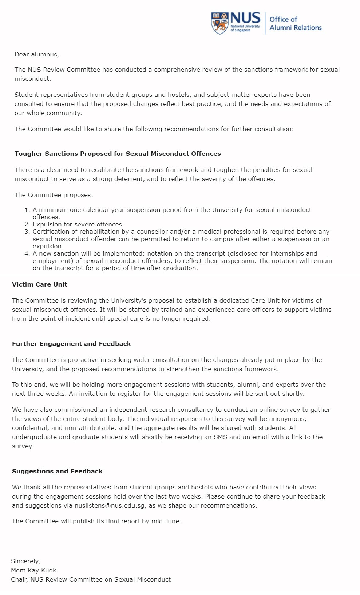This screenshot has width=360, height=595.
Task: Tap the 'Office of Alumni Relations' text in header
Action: point(295,23)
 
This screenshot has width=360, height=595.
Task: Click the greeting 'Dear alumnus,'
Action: point(36,54)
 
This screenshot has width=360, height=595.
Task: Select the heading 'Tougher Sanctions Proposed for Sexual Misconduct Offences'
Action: point(118,154)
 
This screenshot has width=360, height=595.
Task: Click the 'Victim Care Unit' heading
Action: point(39,284)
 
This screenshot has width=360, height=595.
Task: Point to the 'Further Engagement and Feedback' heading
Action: point(71,344)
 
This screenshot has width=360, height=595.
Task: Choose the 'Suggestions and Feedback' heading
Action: point(57,471)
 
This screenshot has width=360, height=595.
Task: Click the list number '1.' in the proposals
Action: point(27,210)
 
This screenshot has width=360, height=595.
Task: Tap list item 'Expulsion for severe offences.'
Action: point(78,224)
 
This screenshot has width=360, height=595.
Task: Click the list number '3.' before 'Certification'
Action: point(27,232)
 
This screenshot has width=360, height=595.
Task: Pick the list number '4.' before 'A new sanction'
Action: point(27,253)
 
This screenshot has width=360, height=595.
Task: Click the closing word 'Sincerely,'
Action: point(25,561)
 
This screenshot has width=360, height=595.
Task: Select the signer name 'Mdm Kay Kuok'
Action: point(33,570)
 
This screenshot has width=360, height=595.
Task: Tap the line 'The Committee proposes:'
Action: point(54,195)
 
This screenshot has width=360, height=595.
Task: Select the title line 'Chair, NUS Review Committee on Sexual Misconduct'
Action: point(91,579)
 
